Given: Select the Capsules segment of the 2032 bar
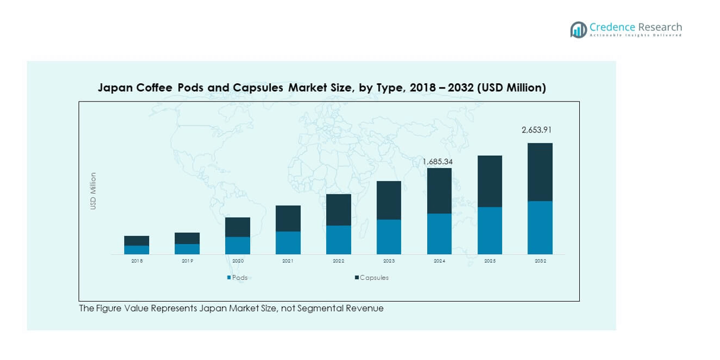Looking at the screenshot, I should [540, 172].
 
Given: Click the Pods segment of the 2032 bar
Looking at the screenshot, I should [540, 228].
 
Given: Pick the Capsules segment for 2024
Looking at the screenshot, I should [439, 191].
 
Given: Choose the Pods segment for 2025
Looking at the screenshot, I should [490, 230].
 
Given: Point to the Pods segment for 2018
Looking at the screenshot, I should [137, 250].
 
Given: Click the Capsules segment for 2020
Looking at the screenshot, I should [238, 227].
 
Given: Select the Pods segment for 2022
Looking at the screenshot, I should [339, 239].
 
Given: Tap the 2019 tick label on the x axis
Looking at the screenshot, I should [187, 261].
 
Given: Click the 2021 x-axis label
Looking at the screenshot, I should [288, 261].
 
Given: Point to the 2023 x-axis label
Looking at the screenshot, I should [389, 261].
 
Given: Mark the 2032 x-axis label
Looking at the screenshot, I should [540, 261].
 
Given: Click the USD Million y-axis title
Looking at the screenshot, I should [93, 191].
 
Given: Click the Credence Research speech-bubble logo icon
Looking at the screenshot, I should [578, 30].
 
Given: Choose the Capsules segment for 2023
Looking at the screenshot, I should [389, 200].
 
